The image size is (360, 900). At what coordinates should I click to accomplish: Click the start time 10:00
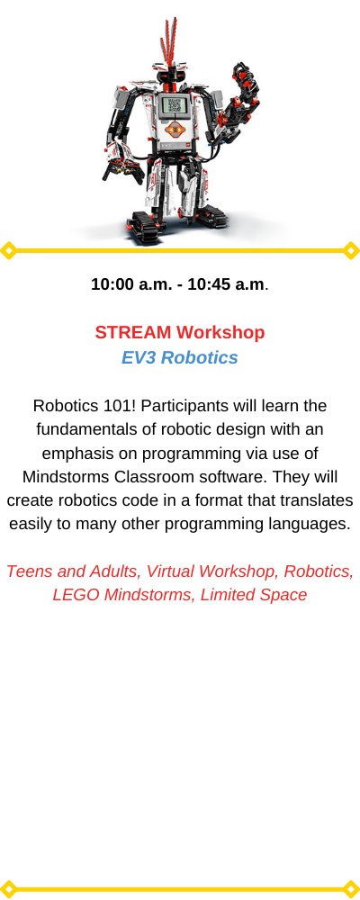pos(112,284)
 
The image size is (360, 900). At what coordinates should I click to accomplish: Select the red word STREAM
pos(133,332)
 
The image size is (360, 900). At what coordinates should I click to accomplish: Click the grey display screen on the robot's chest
pos(172,105)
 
